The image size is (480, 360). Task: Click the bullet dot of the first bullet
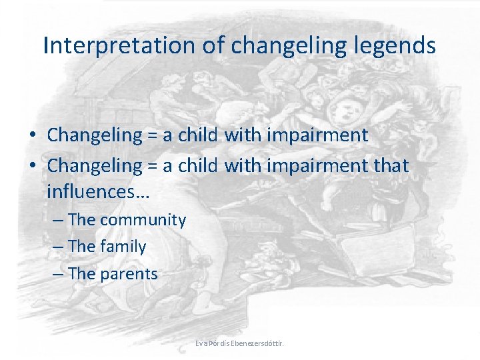[33, 136]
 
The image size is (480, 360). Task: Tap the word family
[123, 247]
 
